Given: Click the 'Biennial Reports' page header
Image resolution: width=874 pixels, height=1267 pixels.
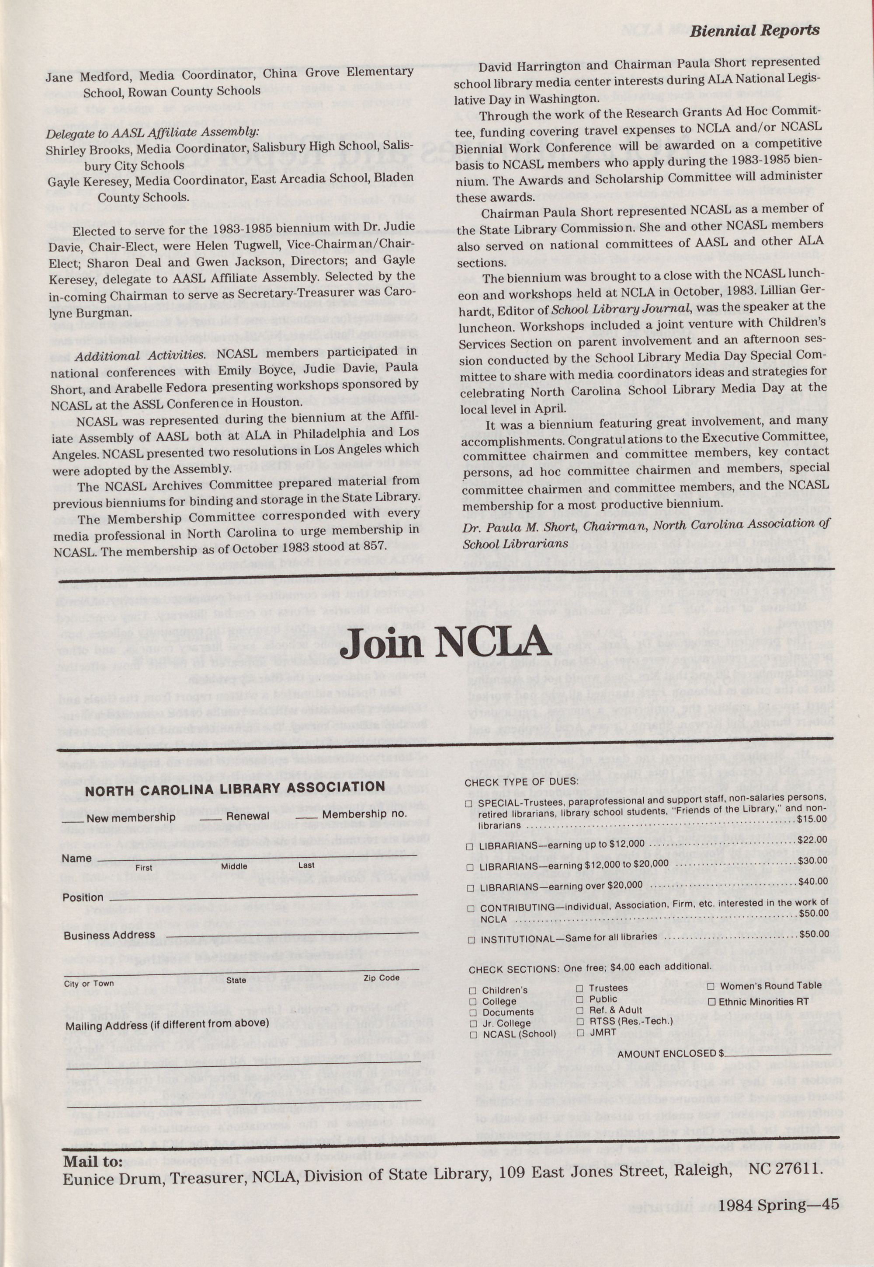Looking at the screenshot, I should pyautogui.click(x=754, y=30).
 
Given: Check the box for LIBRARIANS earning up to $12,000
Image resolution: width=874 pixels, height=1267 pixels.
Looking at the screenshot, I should pyautogui.click(x=469, y=847).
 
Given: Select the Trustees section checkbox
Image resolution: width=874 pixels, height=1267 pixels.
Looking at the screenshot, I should pyautogui.click(x=580, y=988).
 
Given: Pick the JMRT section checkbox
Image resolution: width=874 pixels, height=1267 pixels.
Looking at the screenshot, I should pyautogui.click(x=580, y=1033).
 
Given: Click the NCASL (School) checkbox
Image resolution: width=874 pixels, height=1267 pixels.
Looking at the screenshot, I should pyautogui.click(x=473, y=1035).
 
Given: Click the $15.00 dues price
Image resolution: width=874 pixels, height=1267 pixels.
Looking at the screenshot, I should pyautogui.click(x=812, y=819).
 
